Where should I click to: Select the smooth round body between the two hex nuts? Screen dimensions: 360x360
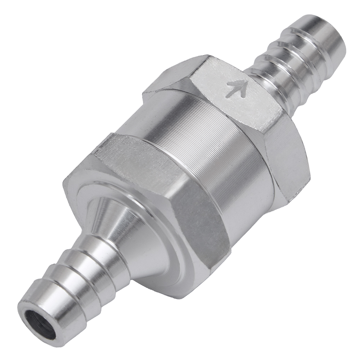(202, 144)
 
